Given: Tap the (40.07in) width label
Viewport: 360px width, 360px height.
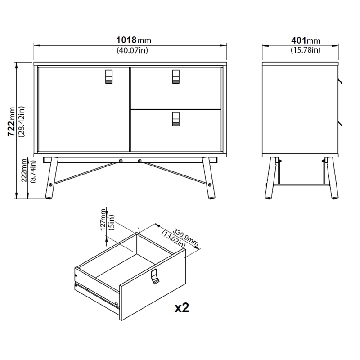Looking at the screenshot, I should (x=132, y=50).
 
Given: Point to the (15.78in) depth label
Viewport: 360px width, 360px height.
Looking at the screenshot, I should (x=305, y=50).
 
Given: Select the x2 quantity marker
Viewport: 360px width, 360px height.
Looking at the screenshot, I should (x=181, y=308).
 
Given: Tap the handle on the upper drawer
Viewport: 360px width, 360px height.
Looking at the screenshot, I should (x=175, y=77).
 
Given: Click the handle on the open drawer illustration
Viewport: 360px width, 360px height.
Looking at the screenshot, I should (x=155, y=276).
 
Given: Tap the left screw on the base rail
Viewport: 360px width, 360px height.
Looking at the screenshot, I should (x=121, y=160).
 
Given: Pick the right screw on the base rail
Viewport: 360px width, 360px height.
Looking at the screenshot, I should (x=139, y=160).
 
